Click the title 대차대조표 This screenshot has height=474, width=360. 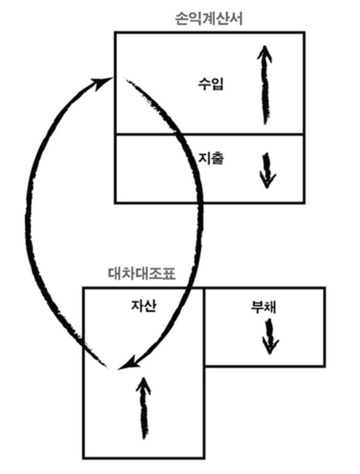point(141,275)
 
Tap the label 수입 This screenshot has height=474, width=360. point(211,84)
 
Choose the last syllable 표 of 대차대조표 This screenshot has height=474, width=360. point(168,275)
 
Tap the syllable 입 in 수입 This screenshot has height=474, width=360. point(217,84)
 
